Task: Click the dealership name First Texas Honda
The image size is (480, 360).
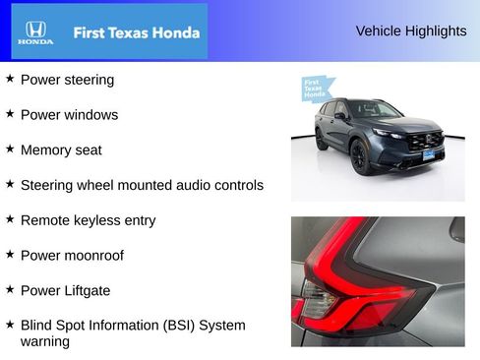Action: (137, 32)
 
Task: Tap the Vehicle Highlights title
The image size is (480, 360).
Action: (411, 31)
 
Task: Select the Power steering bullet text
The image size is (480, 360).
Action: (67, 80)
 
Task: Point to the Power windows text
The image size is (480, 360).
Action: (69, 115)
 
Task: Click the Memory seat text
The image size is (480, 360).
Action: (61, 150)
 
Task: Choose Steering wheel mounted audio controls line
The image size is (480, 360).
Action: (142, 185)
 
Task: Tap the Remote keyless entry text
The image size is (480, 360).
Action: (88, 220)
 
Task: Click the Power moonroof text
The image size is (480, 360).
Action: (72, 255)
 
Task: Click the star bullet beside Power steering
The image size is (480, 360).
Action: (10, 79)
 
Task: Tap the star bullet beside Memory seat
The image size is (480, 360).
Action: (10, 149)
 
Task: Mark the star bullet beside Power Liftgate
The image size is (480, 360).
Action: (10, 289)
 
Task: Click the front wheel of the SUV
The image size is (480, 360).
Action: (361, 156)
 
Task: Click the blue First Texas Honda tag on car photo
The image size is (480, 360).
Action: (314, 88)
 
